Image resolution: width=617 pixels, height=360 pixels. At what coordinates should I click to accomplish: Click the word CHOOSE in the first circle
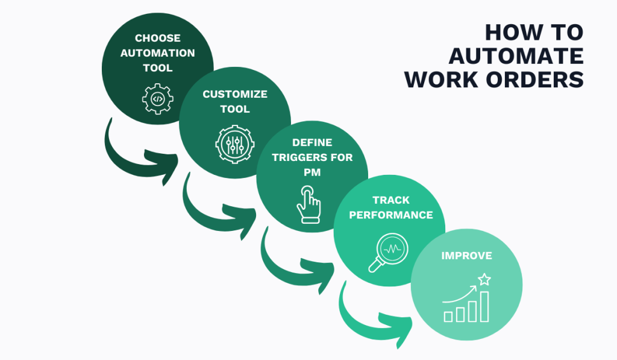[157, 38]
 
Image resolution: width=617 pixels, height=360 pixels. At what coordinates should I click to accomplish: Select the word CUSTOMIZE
[235, 94]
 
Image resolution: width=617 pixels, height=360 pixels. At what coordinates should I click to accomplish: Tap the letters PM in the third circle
[313, 172]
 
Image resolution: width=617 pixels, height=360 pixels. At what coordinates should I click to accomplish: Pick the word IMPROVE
[466, 256]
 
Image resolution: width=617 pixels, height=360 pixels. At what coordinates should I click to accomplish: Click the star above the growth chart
[484, 279]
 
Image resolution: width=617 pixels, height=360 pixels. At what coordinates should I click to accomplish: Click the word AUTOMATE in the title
[516, 56]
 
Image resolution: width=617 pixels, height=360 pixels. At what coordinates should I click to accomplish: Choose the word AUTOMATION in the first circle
[157, 53]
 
